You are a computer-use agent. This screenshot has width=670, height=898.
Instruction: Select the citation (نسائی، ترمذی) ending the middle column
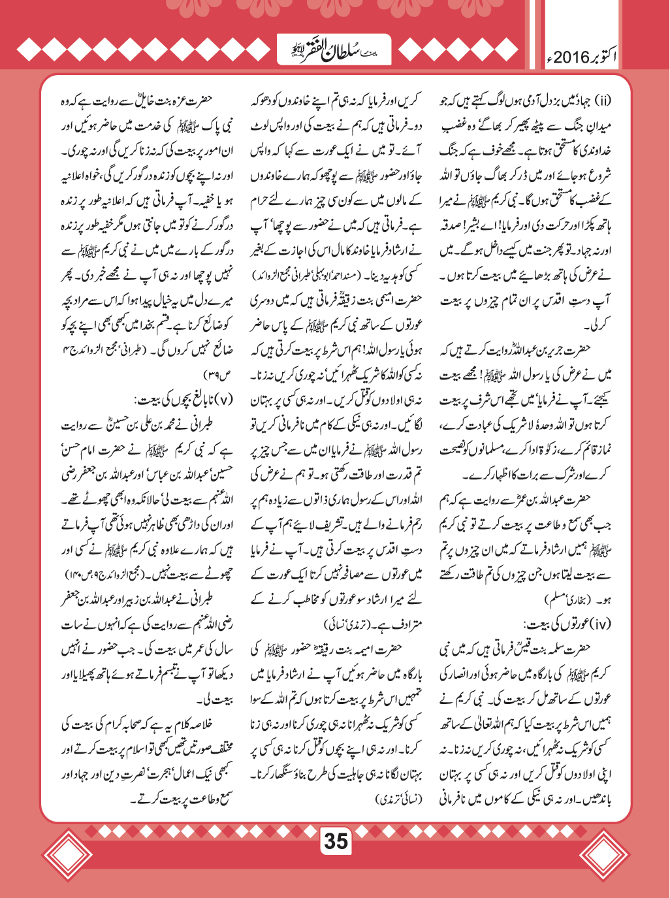[400, 799]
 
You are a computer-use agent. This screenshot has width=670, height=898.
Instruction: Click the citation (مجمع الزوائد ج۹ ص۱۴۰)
[115, 574]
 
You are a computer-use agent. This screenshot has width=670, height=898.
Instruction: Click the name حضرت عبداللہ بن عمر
[562, 500]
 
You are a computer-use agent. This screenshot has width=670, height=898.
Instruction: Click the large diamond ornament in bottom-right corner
[605, 856]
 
